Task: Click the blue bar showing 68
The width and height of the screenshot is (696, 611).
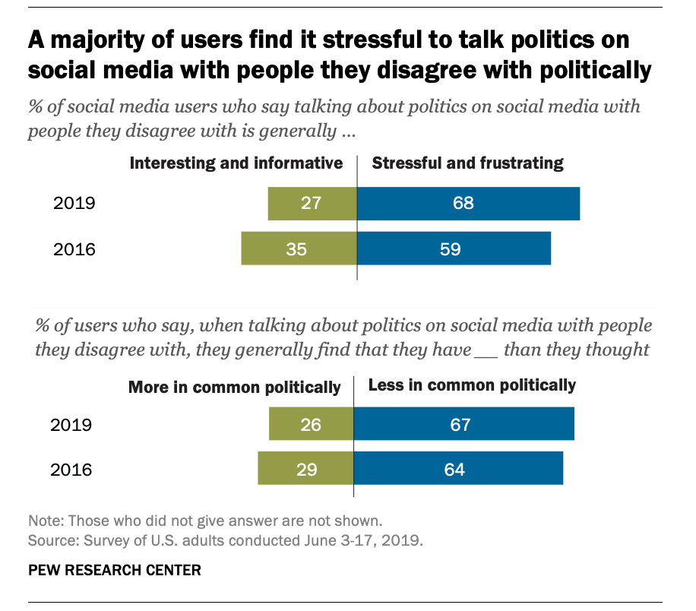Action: (468, 204)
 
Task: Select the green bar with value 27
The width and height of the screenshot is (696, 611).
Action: (312, 204)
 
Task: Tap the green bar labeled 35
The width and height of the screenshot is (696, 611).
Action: (299, 249)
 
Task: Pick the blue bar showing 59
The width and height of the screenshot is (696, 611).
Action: (454, 249)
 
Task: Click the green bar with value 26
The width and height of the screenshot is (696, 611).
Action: (311, 424)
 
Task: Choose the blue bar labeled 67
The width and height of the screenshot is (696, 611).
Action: (463, 424)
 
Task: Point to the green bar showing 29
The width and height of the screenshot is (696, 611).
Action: (305, 468)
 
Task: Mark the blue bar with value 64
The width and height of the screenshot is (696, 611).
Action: (458, 468)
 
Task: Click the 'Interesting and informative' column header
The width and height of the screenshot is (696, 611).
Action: (236, 163)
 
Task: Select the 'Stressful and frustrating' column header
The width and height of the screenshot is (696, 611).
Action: (467, 163)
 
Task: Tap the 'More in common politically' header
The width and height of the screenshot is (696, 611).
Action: (234, 387)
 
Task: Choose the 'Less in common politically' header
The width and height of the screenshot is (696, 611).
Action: (472, 385)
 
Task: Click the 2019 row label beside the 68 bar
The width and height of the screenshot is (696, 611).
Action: (74, 204)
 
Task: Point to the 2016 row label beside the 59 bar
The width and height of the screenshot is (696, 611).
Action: (74, 249)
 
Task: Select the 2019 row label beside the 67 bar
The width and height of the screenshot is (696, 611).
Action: (71, 424)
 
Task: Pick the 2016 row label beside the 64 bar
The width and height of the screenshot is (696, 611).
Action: (71, 469)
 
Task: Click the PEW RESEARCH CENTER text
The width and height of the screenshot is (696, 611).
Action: (115, 569)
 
